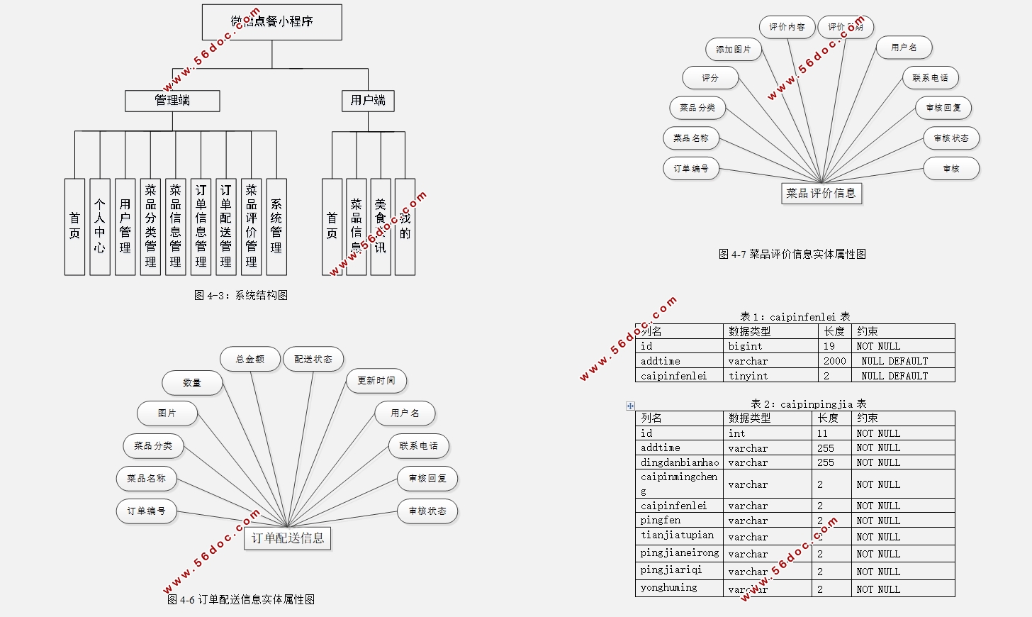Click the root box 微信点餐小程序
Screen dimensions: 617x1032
coord(271,22)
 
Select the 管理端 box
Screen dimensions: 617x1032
coord(172,101)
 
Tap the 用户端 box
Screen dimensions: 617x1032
coord(368,101)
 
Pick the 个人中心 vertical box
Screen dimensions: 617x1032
coord(100,226)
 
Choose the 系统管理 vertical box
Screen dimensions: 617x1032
coord(276,226)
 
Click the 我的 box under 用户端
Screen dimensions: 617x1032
coord(405,226)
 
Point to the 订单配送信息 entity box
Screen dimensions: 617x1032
coord(288,538)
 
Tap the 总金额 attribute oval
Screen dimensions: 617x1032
coord(250,360)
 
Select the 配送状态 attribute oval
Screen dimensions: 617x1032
coord(313,360)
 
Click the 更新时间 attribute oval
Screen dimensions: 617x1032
coord(376,381)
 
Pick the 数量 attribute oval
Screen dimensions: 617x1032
coord(192,383)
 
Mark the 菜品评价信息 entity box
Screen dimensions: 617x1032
coord(821,193)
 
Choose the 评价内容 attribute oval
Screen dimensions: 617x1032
coord(787,27)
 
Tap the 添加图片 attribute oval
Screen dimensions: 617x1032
coord(734,50)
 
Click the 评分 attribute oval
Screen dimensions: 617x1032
coord(710,78)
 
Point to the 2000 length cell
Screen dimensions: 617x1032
coord(834,361)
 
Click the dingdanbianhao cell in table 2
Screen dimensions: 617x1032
coord(679,462)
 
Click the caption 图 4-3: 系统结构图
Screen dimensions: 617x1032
coord(241,295)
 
